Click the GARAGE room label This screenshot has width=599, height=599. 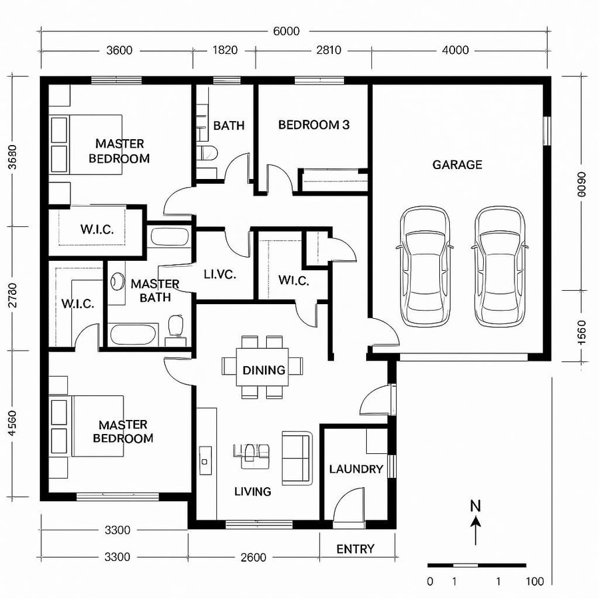pyautogui.click(x=457, y=164)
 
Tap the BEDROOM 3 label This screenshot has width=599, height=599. pyautogui.click(x=313, y=124)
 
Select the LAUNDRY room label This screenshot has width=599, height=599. pyautogui.click(x=356, y=469)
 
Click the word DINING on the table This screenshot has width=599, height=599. pyautogui.click(x=264, y=370)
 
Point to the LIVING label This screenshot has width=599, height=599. pyautogui.click(x=253, y=492)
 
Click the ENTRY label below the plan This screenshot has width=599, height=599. pyautogui.click(x=355, y=549)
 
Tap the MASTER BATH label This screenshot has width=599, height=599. pyautogui.click(x=155, y=291)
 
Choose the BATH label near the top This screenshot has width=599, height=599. pyautogui.click(x=229, y=125)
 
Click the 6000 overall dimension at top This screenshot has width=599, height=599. pyautogui.click(x=286, y=31)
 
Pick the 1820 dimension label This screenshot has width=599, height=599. pyautogui.click(x=225, y=50)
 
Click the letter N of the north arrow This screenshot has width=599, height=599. pyautogui.click(x=475, y=505)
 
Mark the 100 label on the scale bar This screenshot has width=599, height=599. pyautogui.click(x=534, y=582)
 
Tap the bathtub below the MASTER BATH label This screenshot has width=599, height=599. pyautogui.click(x=133, y=333)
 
